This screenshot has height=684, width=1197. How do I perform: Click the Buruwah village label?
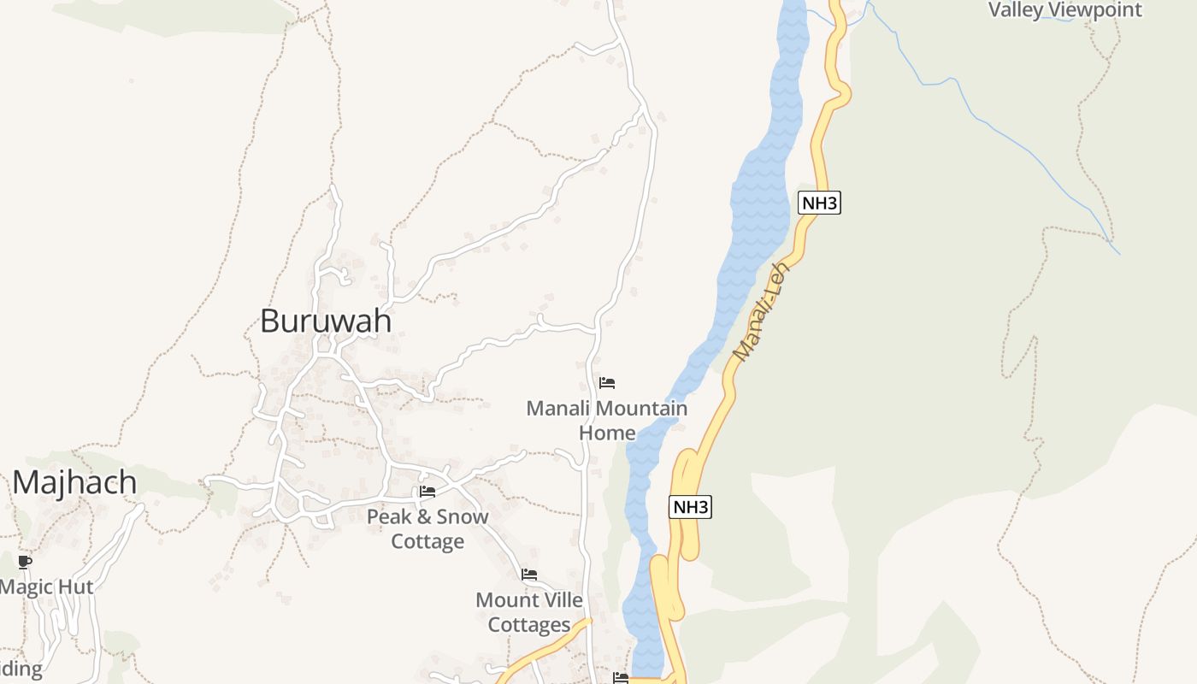click(x=326, y=321)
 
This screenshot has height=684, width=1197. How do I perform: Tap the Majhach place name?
click(x=74, y=483)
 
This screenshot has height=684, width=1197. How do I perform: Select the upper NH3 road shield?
click(x=819, y=203)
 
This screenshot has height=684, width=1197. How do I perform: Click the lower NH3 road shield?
click(x=690, y=507)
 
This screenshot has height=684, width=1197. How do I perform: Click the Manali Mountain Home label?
click(x=606, y=420)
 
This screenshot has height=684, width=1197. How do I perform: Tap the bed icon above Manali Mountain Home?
click(x=607, y=382)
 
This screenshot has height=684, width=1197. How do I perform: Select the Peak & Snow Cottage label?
click(x=427, y=528)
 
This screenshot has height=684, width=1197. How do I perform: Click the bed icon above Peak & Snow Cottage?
click(x=427, y=492)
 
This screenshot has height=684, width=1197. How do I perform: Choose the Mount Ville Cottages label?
click(x=529, y=612)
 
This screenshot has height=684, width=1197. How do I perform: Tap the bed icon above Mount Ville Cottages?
click(x=529, y=575)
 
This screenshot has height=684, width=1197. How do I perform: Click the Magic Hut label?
click(x=46, y=587)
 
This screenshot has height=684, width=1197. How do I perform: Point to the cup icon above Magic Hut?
click(x=25, y=562)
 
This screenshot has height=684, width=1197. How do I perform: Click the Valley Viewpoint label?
click(x=1064, y=10)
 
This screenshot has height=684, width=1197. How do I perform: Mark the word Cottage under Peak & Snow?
click(x=427, y=541)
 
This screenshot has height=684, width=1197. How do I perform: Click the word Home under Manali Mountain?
click(x=607, y=433)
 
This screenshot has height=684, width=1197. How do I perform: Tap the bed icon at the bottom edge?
click(x=621, y=678)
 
